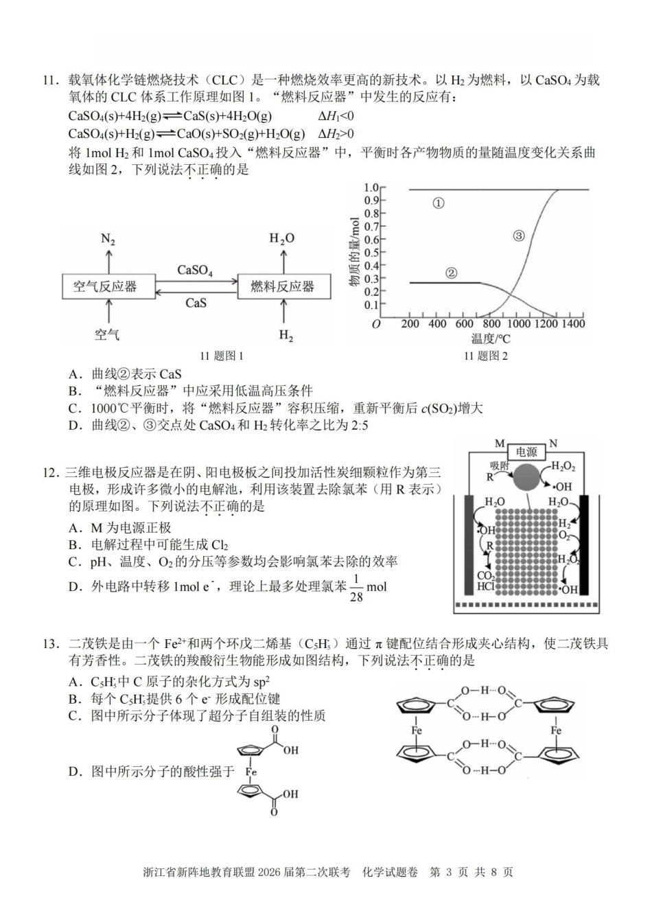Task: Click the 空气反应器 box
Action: point(105,286)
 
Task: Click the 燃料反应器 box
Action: point(282,286)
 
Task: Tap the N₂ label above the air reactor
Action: point(108,239)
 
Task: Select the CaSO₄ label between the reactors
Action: point(195,270)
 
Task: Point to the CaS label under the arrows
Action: point(196,303)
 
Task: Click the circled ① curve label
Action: point(439,203)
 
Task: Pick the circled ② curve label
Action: point(451,273)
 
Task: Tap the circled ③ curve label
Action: point(518,235)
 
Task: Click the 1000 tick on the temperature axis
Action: point(518,324)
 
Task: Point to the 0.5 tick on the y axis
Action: point(371,253)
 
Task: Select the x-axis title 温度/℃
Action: point(491,338)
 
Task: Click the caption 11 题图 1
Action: point(222,356)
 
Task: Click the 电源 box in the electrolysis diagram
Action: point(526,452)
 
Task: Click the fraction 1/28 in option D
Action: point(356,588)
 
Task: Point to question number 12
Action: point(51,472)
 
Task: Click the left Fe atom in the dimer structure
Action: point(416,730)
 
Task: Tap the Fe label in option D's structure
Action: point(251,772)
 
